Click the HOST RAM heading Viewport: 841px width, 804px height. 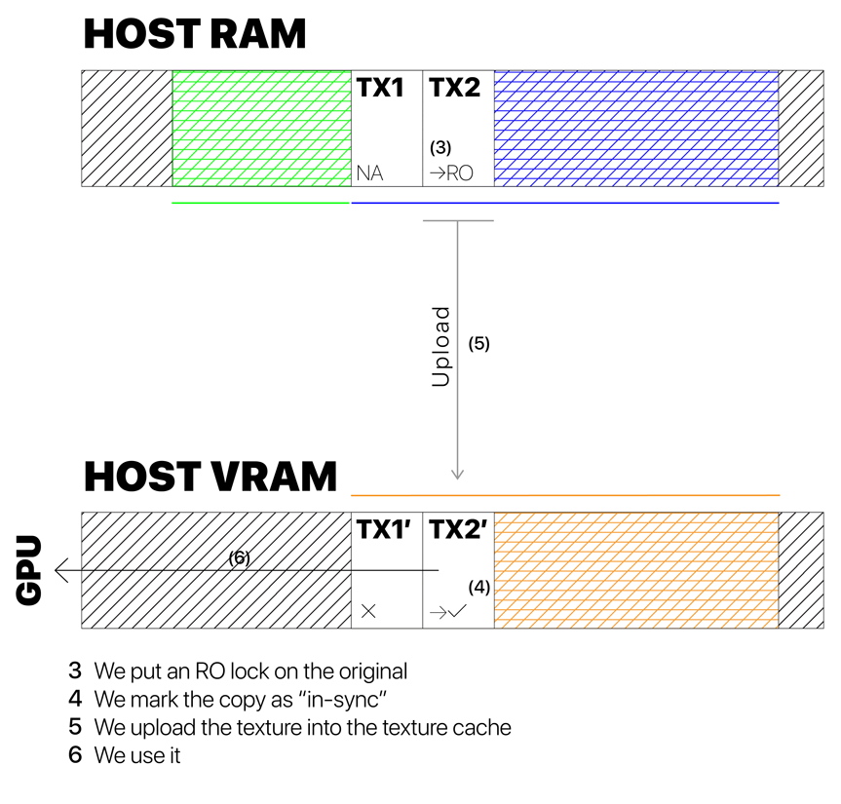pos(194,34)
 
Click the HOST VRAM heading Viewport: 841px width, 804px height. pos(210,478)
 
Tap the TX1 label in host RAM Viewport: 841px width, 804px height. pos(379,88)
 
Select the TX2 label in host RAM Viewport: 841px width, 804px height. pos(454,88)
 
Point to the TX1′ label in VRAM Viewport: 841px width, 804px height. pos(383,530)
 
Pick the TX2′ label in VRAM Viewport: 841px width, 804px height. pos(458,530)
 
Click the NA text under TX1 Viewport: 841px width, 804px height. pos(370,173)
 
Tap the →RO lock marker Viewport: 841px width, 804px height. pos(451,173)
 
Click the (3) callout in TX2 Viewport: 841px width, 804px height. pos(440,148)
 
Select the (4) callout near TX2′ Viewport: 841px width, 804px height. pos(478,587)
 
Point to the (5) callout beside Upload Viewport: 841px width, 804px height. pos(478,343)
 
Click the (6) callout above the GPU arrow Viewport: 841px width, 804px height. pos(240,558)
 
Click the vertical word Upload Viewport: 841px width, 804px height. pos(441,347)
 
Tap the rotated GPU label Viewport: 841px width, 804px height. pos(29,570)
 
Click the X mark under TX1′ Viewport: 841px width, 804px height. pos(368,611)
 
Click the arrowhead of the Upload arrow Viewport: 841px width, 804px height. pos(458,475)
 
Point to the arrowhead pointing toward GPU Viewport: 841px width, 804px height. pos(61,570)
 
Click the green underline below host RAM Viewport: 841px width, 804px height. pos(260,203)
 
